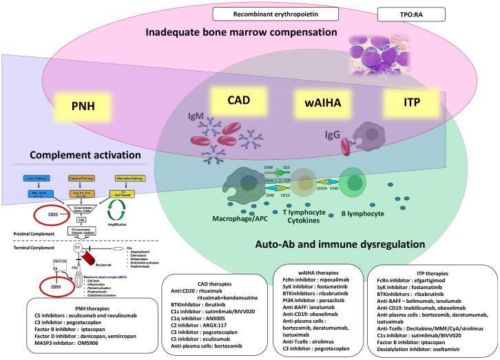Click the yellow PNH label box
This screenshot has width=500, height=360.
pos(83,107)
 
